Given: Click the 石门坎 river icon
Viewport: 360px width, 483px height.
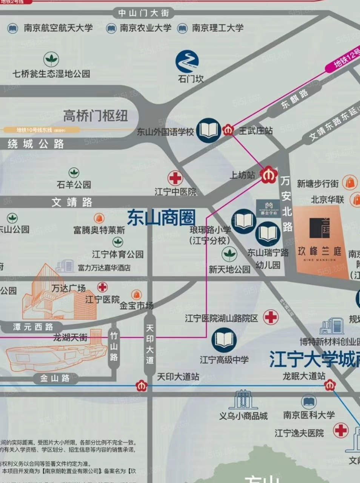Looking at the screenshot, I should tap(188, 62).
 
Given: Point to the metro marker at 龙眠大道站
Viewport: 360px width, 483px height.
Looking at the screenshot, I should tap(329, 385).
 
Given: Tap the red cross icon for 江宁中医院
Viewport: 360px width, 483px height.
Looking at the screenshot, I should tap(175, 178).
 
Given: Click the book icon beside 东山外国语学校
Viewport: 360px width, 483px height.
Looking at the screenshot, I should tap(209, 131).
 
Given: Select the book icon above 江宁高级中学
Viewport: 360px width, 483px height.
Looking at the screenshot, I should tap(224, 340).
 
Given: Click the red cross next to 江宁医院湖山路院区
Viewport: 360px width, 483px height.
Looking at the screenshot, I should tap(271, 317).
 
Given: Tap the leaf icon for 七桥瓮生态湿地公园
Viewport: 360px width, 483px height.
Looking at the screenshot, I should tap(51, 59).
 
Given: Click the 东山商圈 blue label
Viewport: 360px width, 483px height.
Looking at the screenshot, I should tap(162, 217).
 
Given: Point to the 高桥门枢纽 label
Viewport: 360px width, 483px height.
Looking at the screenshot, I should tap(95, 115).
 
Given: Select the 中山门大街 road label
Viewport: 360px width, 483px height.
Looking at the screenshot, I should tap(144, 13).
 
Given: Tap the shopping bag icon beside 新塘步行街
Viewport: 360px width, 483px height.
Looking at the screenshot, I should tap(350, 183).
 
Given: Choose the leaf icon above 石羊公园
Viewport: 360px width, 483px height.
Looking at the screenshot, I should tap(74, 173).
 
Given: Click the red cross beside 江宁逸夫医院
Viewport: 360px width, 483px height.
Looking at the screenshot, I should tap(340, 431).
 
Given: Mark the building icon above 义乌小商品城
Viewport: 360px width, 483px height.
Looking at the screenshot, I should tap(243, 400).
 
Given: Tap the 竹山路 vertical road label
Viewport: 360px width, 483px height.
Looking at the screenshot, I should tap(114, 346).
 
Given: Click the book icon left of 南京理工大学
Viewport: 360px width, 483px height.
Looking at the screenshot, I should tap(182, 28).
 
